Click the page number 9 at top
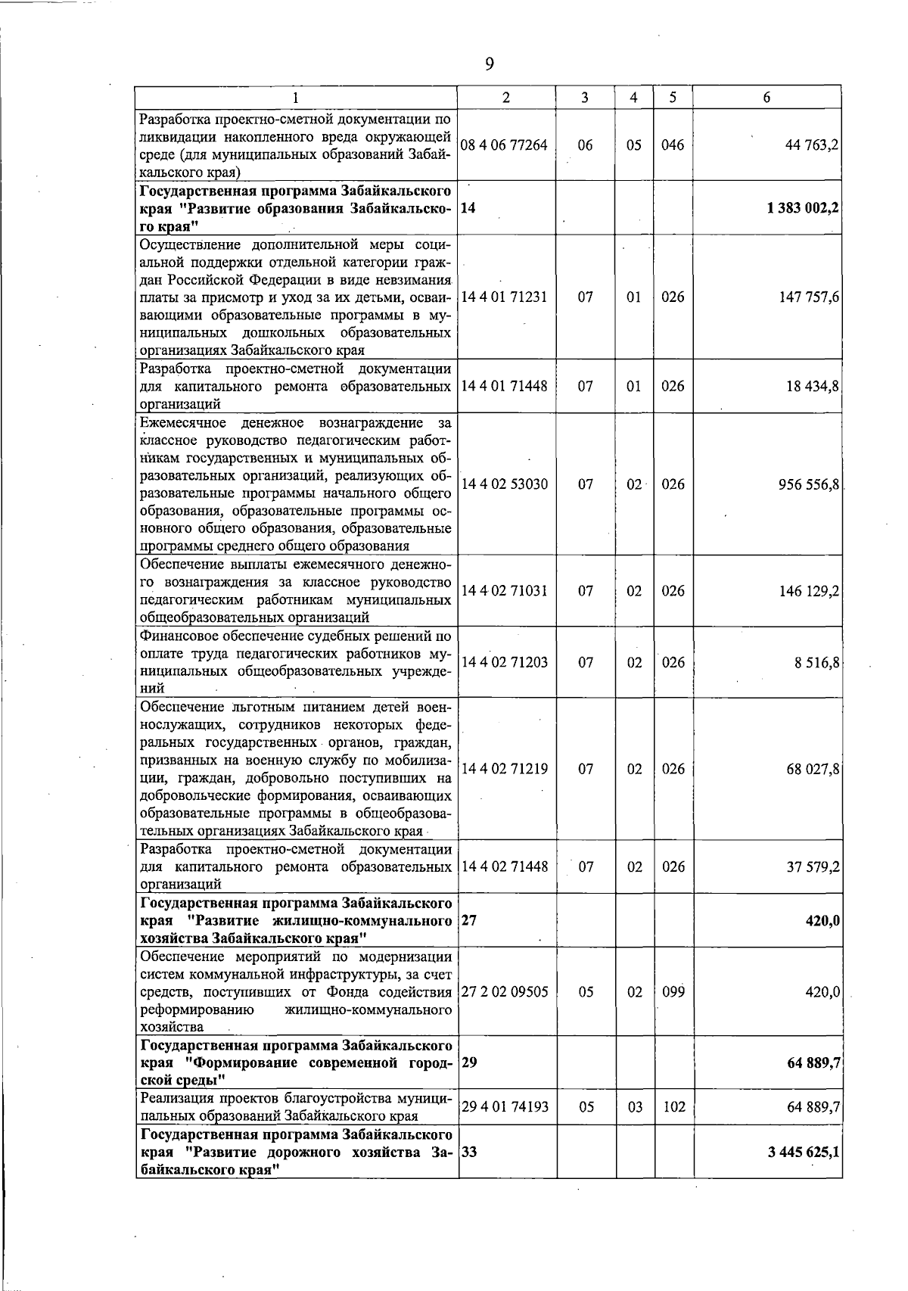[489, 64]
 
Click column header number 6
[767, 98]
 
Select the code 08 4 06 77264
[504, 145]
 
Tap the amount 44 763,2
[812, 145]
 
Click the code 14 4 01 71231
[504, 297]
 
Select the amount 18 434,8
[812, 386]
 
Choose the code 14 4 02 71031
[504, 591]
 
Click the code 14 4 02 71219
[504, 769]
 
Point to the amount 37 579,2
[812, 866]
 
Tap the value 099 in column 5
[673, 992]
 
